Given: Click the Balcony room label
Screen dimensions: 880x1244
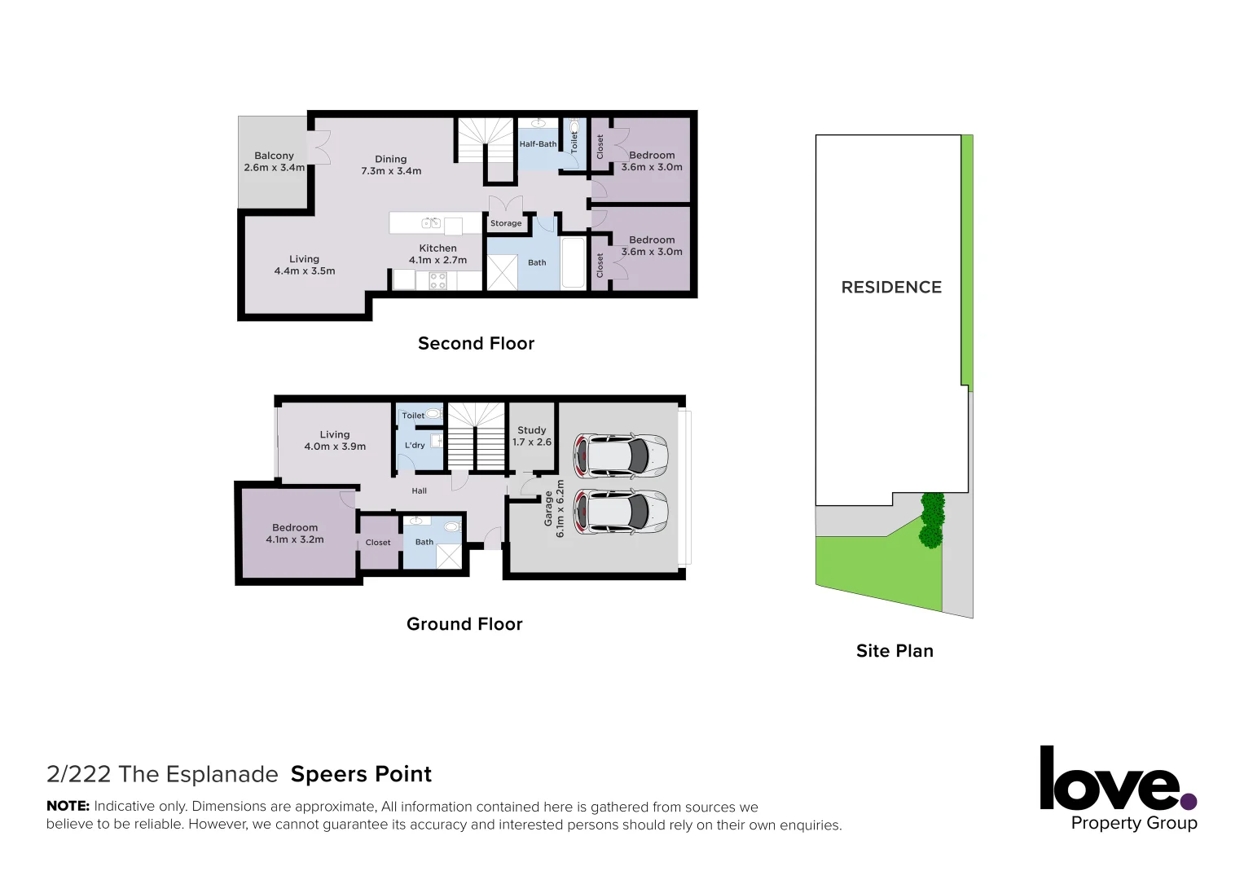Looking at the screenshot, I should click(274, 161).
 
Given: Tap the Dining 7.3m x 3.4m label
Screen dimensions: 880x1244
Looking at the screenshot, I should click(391, 165).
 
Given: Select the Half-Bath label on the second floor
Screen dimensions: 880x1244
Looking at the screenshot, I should click(538, 144).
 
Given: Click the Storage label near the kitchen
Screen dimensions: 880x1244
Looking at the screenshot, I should click(506, 223).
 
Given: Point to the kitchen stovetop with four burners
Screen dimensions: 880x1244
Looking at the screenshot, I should click(437, 281).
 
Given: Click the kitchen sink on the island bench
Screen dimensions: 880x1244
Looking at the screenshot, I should click(431, 223).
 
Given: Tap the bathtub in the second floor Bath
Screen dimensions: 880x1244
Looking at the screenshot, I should click(574, 262).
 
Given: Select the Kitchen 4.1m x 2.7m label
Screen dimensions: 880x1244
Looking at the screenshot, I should click(437, 254).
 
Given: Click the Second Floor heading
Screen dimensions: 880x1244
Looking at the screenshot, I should click(476, 344).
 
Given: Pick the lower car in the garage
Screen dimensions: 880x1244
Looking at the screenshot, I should click(621, 512).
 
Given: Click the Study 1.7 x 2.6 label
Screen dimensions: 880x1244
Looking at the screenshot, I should click(532, 436).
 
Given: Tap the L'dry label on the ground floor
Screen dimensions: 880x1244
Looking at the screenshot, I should click(415, 446).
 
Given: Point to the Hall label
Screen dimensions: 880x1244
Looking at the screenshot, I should click(419, 491).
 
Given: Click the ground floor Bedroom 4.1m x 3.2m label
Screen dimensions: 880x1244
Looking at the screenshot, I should click(295, 534).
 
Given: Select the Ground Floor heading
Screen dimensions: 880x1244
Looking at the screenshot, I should click(464, 624).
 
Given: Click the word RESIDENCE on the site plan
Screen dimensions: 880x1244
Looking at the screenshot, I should click(891, 288).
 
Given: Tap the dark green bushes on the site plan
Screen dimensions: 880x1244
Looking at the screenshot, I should click(931, 520).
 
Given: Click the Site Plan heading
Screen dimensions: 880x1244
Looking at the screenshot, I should click(895, 651).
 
